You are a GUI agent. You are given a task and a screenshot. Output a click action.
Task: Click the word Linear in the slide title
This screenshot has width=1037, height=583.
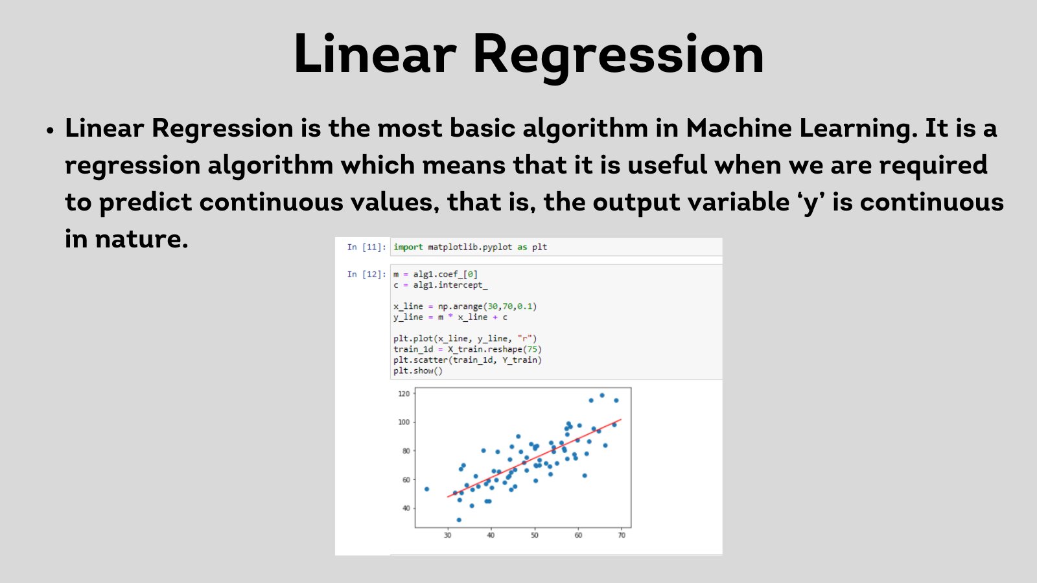point(375,52)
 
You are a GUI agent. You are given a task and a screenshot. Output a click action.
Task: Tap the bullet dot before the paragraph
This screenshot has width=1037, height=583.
point(51,130)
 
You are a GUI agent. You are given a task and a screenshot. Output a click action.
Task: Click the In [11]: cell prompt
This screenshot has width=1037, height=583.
point(366,247)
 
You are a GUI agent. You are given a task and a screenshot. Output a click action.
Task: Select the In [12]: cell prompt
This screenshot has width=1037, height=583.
point(366,275)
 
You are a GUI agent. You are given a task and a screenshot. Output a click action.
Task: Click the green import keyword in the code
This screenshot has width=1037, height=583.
point(408,247)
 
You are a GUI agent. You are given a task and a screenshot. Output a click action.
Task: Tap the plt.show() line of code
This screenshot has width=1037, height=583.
point(418,371)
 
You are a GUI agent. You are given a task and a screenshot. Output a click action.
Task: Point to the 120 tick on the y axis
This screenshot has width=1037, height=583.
point(404,394)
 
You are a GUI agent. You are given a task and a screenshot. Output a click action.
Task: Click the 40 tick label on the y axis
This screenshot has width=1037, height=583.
point(406,508)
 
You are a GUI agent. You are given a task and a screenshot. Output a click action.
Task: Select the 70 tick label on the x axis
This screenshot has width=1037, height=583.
point(622,535)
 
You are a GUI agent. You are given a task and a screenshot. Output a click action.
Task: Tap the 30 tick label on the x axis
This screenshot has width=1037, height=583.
point(447,535)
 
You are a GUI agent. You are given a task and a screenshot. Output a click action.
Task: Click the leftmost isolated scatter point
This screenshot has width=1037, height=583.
point(426,489)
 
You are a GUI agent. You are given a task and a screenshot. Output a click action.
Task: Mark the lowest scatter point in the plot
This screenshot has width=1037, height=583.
point(459,520)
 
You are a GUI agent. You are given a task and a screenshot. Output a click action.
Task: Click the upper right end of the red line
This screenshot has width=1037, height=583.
point(621,420)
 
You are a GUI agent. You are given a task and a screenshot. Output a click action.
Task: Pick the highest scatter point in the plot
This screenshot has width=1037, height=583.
point(602,395)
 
